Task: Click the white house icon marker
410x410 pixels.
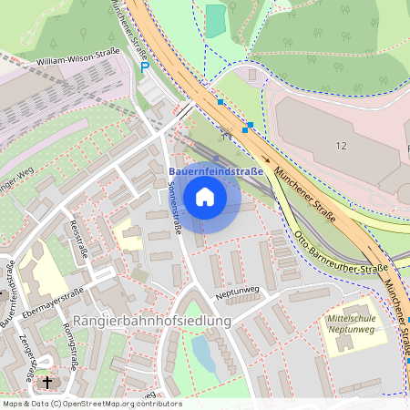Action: [x=205, y=196]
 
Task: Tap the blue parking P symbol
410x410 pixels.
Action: [x=144, y=67]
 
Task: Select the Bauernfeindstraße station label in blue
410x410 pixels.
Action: [x=216, y=170]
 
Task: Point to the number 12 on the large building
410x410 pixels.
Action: [x=342, y=146]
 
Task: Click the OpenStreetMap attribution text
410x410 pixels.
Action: [x=92, y=403]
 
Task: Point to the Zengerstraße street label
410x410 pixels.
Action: [x=28, y=355]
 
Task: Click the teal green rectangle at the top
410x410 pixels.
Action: [x=215, y=21]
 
